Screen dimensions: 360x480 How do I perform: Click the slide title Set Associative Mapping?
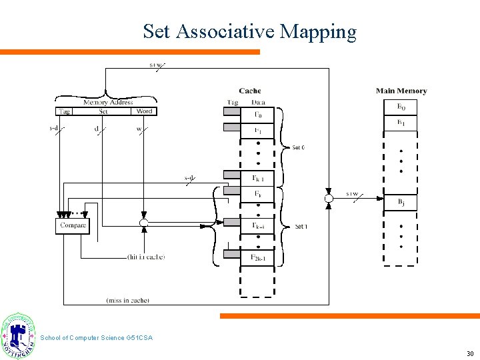click(249, 31)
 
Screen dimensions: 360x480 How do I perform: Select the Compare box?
click(72, 226)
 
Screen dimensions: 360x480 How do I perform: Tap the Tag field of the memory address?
click(65, 111)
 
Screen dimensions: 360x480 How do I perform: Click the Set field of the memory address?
click(103, 111)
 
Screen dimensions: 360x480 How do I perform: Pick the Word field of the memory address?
click(143, 111)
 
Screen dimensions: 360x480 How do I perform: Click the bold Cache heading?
click(249, 91)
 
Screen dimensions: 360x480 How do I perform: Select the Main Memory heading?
click(401, 91)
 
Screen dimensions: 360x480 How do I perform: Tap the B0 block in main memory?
click(401, 107)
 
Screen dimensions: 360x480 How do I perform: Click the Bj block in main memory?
click(401, 202)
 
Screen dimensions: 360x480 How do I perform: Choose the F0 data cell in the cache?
click(257, 115)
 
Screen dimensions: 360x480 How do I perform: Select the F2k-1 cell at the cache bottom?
click(257, 257)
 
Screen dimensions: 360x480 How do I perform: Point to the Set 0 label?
click(299, 147)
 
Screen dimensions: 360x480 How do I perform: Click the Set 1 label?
click(301, 227)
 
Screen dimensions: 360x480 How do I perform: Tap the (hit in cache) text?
click(145, 257)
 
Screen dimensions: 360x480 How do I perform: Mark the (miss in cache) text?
click(127, 301)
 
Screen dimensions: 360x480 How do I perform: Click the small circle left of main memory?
click(329, 198)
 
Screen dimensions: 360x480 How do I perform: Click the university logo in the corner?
click(19, 336)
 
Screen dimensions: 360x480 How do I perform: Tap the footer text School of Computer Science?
click(96, 338)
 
